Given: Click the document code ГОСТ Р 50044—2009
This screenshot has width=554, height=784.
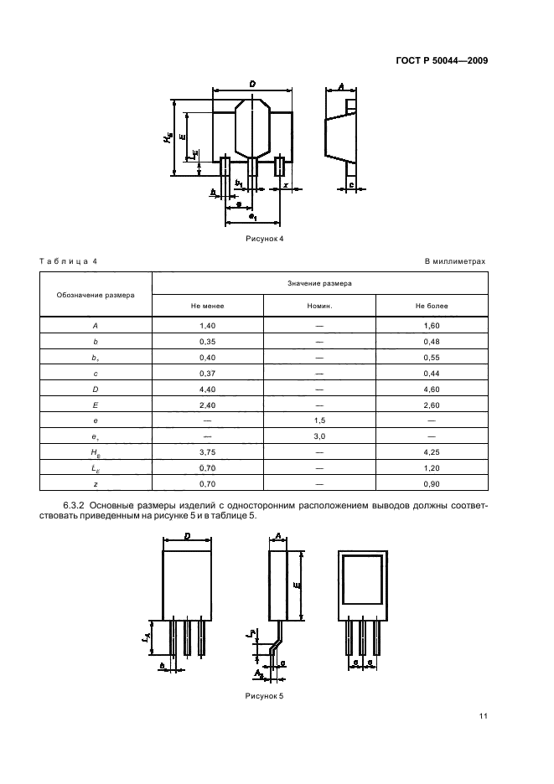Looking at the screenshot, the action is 442,61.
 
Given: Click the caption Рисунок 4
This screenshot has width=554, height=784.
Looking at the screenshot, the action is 264,239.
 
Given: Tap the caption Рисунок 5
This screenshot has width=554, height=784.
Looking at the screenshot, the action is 264,696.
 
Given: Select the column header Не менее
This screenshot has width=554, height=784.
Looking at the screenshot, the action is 207,306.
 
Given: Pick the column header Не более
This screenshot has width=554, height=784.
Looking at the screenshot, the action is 432,306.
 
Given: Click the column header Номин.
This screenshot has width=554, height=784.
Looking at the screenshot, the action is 320,306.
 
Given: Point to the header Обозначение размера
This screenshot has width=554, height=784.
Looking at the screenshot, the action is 96,295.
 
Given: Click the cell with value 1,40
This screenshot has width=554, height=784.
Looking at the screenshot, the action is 207,326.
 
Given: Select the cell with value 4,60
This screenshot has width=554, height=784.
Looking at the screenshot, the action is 432,389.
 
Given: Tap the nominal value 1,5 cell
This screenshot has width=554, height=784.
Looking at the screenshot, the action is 320,420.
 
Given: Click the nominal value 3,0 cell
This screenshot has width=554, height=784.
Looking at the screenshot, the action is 320,436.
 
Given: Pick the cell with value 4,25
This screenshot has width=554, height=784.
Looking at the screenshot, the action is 432,452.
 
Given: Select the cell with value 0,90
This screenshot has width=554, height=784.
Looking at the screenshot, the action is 432,484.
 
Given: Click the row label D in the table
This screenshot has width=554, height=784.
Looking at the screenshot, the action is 96,389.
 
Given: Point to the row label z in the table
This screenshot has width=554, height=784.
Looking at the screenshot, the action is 96,484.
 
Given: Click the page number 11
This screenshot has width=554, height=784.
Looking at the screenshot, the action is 483,716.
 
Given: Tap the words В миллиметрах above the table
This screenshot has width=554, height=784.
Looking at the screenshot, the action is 455,261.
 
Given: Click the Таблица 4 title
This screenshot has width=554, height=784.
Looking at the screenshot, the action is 68,261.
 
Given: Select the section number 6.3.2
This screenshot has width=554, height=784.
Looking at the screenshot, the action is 74,506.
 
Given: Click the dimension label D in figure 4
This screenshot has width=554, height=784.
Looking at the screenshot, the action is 252,84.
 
